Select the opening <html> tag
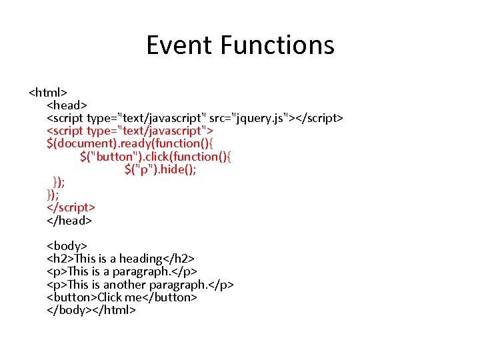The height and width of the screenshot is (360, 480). click(47, 92)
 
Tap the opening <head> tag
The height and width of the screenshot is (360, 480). click(67, 105)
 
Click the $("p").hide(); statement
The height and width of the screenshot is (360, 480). click(160, 169)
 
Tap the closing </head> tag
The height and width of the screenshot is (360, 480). click(69, 220)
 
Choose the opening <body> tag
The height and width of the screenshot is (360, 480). click(67, 246)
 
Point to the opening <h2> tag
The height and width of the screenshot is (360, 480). click(61, 259)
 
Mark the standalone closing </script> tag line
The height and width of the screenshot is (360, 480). click(71, 207)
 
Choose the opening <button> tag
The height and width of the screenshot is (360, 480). click(72, 297)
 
